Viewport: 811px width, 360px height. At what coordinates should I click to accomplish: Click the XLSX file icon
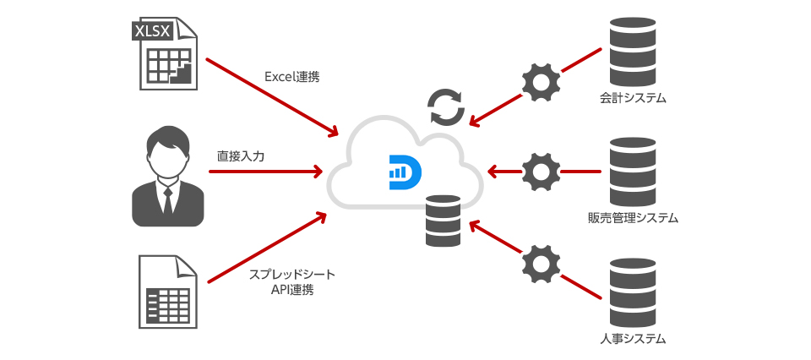166,55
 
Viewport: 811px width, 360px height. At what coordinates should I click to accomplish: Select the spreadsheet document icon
166,291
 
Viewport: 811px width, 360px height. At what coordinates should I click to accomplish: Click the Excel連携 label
291,77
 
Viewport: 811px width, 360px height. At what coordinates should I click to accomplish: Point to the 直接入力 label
241,156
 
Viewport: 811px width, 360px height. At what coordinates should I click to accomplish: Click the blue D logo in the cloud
405,169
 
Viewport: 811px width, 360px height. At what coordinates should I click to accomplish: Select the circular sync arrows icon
446,106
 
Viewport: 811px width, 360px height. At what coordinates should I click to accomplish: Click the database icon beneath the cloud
444,221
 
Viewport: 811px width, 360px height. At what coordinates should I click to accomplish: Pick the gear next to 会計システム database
541,82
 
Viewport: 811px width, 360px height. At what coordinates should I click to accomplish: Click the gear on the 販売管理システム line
541,172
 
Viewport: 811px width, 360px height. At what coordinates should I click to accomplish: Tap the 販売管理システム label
633,219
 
